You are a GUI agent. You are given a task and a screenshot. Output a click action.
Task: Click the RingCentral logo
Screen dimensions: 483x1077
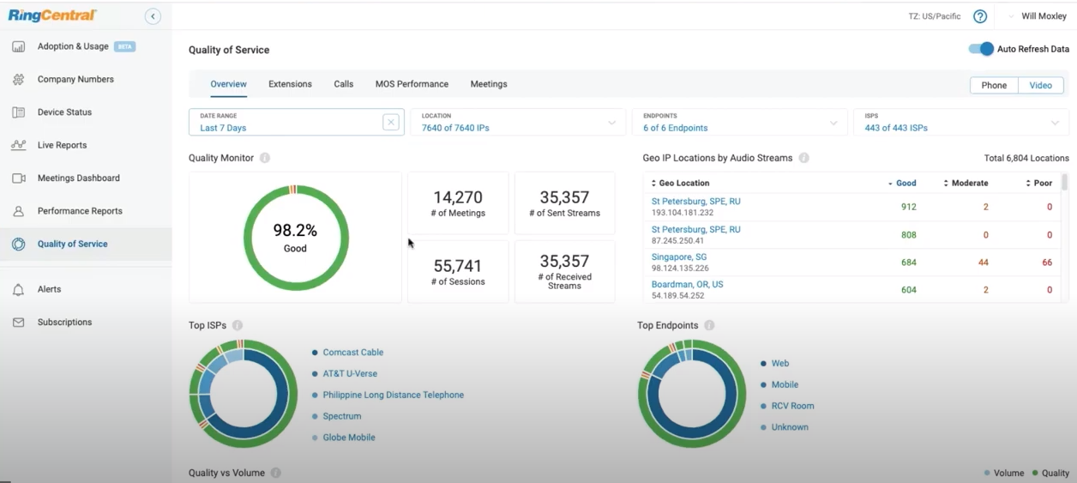pyautogui.click(x=53, y=15)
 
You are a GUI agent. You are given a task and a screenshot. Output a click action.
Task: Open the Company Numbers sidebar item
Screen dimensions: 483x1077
pyautogui.click(x=75, y=80)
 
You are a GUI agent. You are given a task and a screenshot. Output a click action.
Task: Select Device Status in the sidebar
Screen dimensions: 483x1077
pyautogui.click(x=64, y=112)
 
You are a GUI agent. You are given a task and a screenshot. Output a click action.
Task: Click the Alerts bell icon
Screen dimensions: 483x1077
pyautogui.click(x=18, y=290)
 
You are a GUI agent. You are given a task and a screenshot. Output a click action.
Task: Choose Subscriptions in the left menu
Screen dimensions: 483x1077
pyautogui.click(x=64, y=323)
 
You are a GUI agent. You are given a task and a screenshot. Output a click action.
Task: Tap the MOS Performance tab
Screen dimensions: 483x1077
pyautogui.click(x=412, y=84)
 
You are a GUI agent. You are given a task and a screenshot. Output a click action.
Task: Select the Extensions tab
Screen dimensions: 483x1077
pyautogui.click(x=290, y=84)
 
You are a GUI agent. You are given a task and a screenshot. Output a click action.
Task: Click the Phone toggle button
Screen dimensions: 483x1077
pyautogui.click(x=994, y=85)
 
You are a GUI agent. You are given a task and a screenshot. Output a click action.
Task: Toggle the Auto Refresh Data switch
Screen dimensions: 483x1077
pyautogui.click(x=981, y=49)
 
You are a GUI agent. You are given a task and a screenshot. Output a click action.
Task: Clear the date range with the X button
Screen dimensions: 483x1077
pyautogui.click(x=391, y=122)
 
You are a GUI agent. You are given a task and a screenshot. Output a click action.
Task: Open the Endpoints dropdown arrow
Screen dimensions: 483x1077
pyautogui.click(x=833, y=123)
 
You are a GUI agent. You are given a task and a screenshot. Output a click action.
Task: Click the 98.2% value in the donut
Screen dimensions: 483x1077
pyautogui.click(x=295, y=230)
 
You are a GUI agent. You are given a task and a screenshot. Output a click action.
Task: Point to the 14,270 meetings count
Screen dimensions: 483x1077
pyautogui.click(x=458, y=197)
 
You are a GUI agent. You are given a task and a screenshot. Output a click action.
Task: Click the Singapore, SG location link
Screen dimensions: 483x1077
pyautogui.click(x=679, y=257)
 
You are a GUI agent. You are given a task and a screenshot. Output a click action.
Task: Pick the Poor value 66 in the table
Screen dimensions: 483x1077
pyautogui.click(x=1047, y=263)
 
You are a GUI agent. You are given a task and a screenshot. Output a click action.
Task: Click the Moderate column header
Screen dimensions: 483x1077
pyautogui.click(x=969, y=183)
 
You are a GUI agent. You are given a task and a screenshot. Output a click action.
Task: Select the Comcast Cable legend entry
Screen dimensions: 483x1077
pyautogui.click(x=352, y=353)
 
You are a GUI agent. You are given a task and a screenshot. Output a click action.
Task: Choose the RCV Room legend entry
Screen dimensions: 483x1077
pyautogui.click(x=792, y=406)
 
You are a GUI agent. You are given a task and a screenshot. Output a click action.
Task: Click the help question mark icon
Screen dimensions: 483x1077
pyautogui.click(x=980, y=16)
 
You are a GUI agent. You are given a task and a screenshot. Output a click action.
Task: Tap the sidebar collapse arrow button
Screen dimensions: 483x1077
pyautogui.click(x=153, y=16)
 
